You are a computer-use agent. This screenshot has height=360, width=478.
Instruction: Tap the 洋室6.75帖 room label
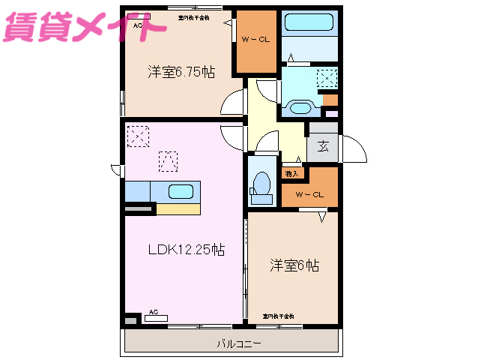181,72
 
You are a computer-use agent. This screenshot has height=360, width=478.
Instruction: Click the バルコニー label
239,345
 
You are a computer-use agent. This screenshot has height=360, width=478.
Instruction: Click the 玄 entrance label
323,146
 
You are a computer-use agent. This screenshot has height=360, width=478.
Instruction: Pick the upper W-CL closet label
255,40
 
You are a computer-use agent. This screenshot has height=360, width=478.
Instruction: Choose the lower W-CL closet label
309,195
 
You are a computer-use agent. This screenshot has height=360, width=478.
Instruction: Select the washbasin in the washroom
300,107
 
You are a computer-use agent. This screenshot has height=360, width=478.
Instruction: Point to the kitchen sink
181,190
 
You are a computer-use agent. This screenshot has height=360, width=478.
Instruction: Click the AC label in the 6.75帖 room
138,25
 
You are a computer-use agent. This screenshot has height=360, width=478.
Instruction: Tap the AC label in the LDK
153,311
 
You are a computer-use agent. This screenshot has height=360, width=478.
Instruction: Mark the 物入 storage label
291,173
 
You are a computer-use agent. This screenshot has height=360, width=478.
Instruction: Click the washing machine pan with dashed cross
327,78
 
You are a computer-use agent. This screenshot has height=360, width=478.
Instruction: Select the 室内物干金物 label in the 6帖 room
278,316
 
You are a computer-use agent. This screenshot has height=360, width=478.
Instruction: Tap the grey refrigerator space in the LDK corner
131,320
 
